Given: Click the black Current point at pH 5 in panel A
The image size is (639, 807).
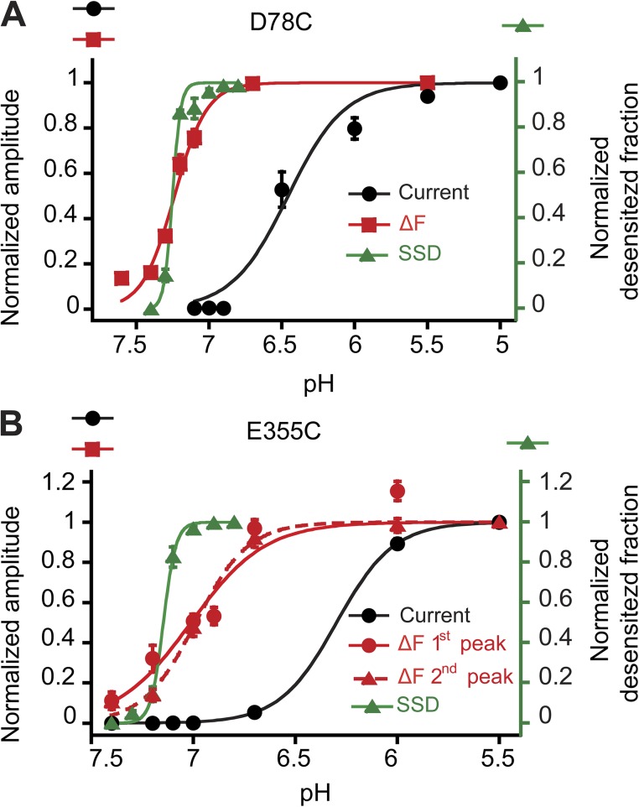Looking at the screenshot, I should tap(501, 82).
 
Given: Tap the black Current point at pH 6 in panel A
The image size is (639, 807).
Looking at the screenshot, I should tap(355, 128).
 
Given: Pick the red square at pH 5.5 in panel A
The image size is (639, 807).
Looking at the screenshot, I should tap(428, 82).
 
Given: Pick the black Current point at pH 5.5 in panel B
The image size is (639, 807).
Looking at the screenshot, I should tap(499, 522).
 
